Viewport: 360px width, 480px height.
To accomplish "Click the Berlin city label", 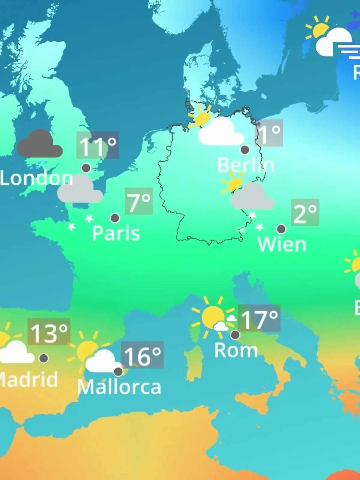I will click(245, 165).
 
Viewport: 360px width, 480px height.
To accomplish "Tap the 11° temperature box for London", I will click(97, 145).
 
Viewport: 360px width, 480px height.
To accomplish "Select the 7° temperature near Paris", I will click(139, 201).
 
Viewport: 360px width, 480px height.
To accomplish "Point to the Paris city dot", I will click(115, 218).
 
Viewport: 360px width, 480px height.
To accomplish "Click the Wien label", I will click(282, 244).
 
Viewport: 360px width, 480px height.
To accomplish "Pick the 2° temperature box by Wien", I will click(305, 212).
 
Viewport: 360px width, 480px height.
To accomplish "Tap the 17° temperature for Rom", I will click(259, 318).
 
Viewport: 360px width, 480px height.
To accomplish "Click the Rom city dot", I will click(235, 334).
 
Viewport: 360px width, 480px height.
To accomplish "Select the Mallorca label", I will click(119, 387).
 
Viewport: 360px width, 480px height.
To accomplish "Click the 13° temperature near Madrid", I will click(49, 332).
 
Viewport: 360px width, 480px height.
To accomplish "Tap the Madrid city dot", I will click(43, 358).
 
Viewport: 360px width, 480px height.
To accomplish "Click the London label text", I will click(36, 178).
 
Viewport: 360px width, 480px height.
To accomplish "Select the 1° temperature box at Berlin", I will click(269, 133).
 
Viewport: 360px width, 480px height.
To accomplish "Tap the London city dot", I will click(86, 168).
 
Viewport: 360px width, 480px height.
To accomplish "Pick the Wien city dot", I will click(281, 229).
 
